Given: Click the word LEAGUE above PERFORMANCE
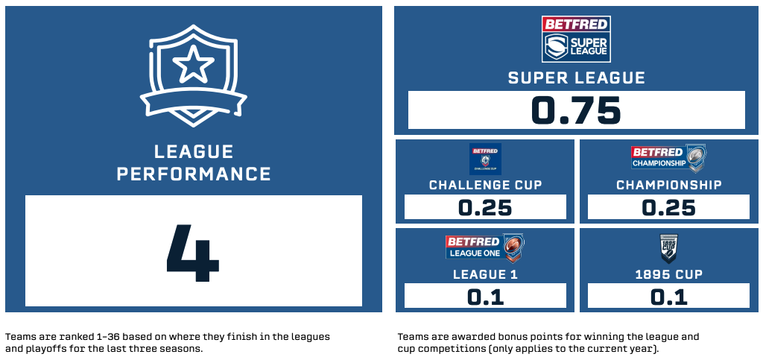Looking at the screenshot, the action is tap(194, 152).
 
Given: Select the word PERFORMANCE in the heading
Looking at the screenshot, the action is tap(194, 174).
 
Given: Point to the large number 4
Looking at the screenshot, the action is tap(193, 253).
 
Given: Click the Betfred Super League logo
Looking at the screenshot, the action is tap(576, 39).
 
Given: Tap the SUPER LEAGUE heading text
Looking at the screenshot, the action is tap(577, 78).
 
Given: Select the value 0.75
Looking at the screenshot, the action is tap(576, 110).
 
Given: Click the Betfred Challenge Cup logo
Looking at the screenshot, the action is tap(485, 159).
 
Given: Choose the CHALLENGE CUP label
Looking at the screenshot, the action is tap(485, 185).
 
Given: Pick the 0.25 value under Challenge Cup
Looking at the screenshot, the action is tap(485, 208).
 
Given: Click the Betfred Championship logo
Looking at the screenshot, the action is tap(668, 157).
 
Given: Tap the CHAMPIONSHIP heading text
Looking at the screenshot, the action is tap(669, 185).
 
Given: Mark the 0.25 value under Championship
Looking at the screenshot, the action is tap(668, 208).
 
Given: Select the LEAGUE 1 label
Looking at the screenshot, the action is tap(485, 274).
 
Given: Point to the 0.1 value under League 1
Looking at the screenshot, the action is tap(485, 297).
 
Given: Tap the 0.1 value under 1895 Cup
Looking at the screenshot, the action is tap(668, 297).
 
